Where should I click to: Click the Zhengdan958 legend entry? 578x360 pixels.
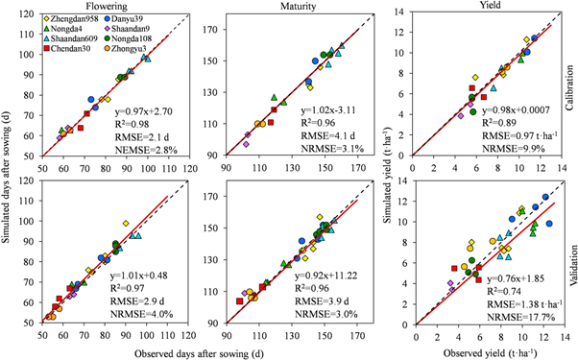(73, 19)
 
